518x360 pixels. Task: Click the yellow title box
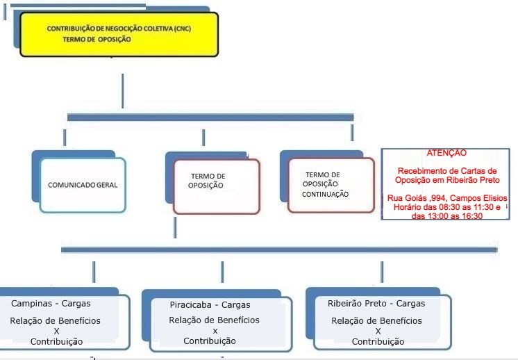pos(119,34)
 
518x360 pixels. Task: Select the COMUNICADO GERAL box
pos(83,185)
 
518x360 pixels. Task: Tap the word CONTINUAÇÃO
pos(325,195)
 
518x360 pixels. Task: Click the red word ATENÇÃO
pos(446,153)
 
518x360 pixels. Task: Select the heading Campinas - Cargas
pos(51,304)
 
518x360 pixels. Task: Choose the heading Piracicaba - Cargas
pos(210,305)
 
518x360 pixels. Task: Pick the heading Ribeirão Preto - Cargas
pos(376,304)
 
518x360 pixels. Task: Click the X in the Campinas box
pos(56,332)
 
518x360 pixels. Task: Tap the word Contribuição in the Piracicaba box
pos(210,341)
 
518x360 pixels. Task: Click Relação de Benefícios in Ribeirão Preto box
pos(376,320)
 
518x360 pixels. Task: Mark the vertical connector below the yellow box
pos(123,91)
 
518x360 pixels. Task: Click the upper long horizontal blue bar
pos(210,117)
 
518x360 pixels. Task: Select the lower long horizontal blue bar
pos(279,249)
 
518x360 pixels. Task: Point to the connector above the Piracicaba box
pos(222,272)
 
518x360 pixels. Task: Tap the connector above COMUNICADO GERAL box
pos(65,138)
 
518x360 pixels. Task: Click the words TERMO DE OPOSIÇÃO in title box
pos(97,40)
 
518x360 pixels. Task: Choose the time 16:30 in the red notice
pos(473,216)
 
